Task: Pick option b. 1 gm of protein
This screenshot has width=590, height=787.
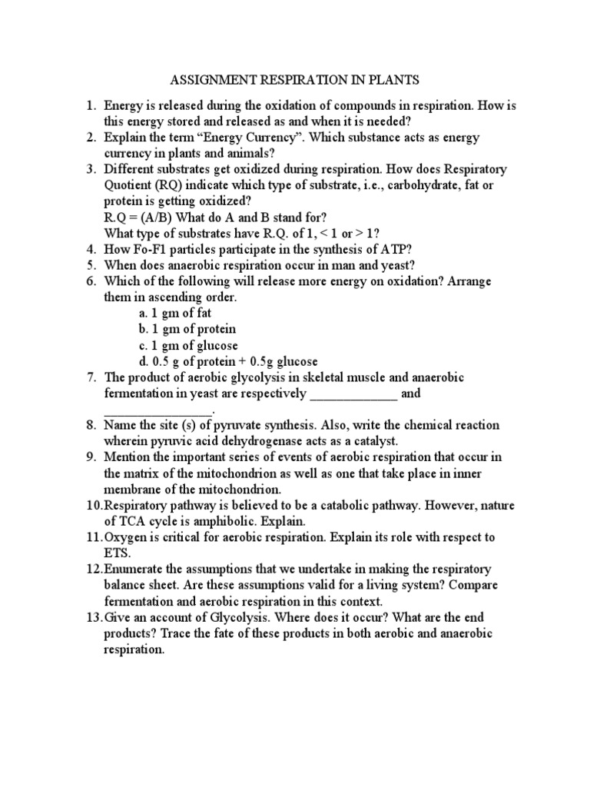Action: (187, 329)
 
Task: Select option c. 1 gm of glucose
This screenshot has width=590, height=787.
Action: (188, 345)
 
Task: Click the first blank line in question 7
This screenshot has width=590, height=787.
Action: (353, 394)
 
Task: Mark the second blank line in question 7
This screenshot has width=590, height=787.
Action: (152, 410)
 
